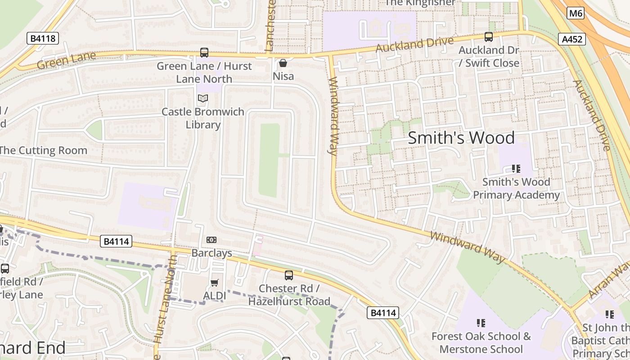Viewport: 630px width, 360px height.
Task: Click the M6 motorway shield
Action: [x=576, y=13]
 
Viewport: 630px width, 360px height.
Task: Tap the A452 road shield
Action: [x=572, y=39]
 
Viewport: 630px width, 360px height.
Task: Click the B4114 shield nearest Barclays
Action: [x=116, y=242]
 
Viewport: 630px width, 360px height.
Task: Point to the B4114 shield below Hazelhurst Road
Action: [x=383, y=313]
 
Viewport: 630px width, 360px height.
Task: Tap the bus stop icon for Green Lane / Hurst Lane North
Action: [x=204, y=53]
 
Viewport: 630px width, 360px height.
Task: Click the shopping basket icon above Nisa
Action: [x=283, y=63]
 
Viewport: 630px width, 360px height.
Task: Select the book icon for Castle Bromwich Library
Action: [x=203, y=98]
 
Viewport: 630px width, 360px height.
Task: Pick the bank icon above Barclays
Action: [x=211, y=240]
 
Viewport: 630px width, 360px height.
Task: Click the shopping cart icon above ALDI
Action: [x=215, y=283]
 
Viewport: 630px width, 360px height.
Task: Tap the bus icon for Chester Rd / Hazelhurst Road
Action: [x=289, y=275]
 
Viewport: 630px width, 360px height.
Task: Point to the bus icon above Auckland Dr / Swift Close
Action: [x=489, y=37]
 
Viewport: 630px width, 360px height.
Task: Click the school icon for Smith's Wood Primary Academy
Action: [x=516, y=169]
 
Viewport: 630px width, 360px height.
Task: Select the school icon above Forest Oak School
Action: [x=481, y=323]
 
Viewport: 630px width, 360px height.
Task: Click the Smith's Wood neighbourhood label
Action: [x=461, y=138]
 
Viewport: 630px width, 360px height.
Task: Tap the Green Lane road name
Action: [x=66, y=60]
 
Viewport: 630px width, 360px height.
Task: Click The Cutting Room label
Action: [x=43, y=150]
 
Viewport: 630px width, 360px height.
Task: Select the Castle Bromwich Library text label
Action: [x=203, y=118]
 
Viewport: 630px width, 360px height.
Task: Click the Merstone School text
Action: [x=481, y=349]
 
